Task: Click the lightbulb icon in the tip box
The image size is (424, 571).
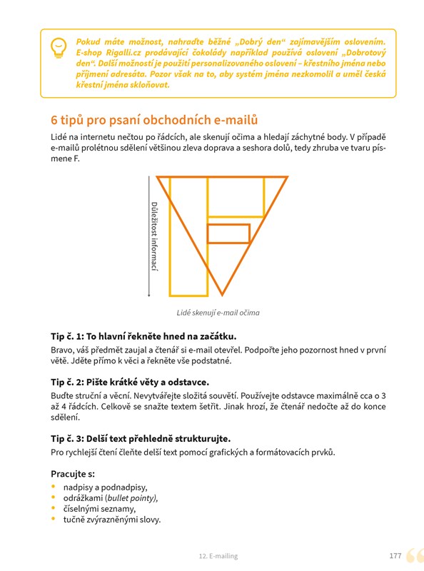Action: [59, 48]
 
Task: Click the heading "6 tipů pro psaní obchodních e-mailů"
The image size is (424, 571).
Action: [154, 120]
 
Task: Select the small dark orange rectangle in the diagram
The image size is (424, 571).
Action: [228, 233]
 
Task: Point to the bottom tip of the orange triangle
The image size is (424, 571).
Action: [222, 295]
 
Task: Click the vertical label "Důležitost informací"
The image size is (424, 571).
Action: [154, 237]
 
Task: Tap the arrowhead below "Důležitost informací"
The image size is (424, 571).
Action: [149, 295]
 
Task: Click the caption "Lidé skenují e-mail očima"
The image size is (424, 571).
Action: [218, 313]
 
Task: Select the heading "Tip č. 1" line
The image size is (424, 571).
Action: [143, 336]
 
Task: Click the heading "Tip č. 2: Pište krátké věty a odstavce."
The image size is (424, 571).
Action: [130, 382]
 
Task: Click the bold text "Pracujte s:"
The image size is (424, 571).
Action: [73, 474]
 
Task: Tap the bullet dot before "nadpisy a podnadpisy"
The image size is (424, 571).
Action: [54, 487]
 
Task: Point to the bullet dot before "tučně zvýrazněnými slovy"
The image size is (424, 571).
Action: [54, 519]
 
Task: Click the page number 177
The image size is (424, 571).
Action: [395, 556]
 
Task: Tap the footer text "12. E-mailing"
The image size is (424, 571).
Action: [218, 556]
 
